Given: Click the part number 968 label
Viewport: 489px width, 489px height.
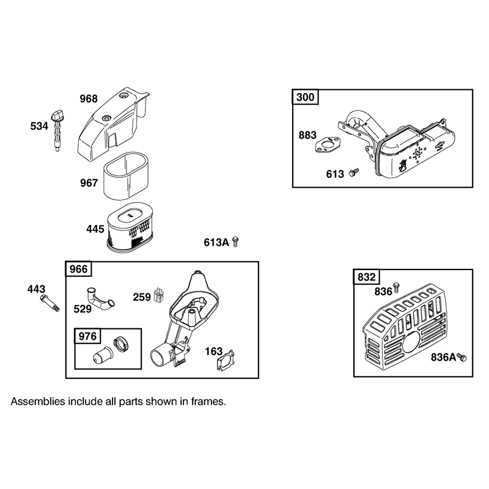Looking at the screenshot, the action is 89,99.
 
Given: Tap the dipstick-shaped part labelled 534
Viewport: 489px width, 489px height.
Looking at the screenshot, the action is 57,130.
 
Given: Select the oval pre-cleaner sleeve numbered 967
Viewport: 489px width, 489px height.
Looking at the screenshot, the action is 126,176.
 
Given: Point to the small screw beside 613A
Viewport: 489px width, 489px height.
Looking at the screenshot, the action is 236,241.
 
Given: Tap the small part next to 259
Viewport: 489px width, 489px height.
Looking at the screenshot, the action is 159,295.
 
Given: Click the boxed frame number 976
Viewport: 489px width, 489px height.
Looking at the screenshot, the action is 87,336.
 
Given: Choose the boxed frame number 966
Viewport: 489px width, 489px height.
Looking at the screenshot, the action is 79,269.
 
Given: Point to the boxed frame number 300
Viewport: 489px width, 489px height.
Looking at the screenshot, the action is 305,97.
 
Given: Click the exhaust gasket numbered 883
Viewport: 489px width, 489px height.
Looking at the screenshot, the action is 326,145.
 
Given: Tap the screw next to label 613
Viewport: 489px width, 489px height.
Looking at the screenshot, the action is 354,172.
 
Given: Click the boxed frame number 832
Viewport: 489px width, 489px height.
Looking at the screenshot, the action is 367,277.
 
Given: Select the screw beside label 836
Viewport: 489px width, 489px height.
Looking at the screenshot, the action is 396,287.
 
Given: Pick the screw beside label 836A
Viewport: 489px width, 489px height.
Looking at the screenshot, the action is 462,357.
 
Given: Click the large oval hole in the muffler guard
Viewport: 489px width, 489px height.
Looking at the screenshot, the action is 411,342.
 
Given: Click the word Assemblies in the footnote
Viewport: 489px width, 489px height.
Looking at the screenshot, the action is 38,402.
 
